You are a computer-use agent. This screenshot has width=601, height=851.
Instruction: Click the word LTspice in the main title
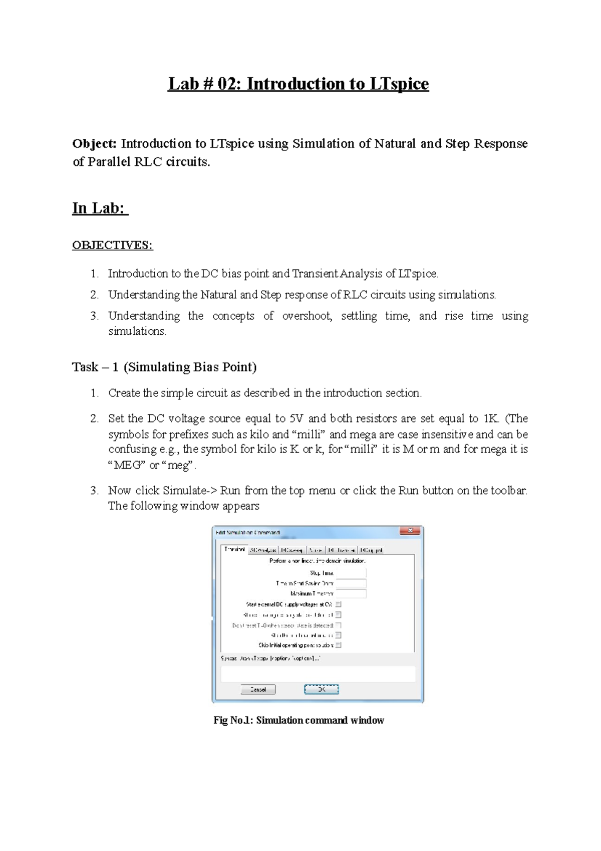(x=399, y=84)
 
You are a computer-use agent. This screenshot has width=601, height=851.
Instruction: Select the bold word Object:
(x=94, y=144)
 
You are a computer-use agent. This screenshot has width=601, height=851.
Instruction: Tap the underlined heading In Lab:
(x=100, y=208)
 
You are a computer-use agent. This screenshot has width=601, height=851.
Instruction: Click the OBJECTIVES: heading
(x=112, y=245)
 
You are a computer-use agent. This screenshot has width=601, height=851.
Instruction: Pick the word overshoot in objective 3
(x=307, y=316)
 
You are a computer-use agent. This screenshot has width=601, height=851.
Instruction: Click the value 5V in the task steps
(x=296, y=418)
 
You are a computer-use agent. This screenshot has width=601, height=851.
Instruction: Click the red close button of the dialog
(x=410, y=531)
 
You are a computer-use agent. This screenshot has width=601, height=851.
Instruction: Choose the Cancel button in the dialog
(x=258, y=690)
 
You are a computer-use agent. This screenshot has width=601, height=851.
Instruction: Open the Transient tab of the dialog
(x=234, y=549)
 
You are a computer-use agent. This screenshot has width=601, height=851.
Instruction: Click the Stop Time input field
(x=351, y=573)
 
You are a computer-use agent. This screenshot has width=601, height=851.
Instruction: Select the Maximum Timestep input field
(x=351, y=593)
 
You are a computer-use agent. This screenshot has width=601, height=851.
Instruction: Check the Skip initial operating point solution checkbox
(x=339, y=645)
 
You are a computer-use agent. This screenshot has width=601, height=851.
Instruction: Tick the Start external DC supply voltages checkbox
(x=339, y=604)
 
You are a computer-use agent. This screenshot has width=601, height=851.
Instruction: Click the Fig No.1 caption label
(x=298, y=720)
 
